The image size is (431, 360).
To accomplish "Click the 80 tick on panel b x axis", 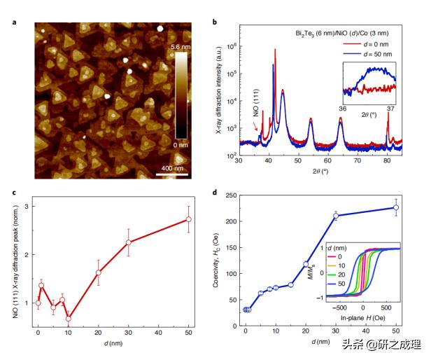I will click(x=388, y=160).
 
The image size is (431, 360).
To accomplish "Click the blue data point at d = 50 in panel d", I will click(x=396, y=207).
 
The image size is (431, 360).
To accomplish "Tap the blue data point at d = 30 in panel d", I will click(x=336, y=216).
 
